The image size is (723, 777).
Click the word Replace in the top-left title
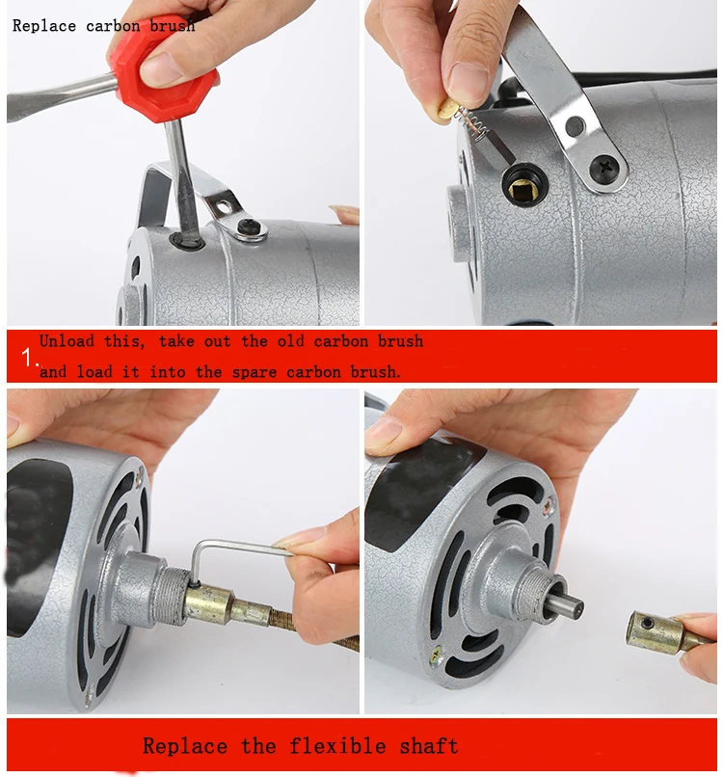[43, 26]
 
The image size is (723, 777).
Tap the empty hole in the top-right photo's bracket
[576, 126]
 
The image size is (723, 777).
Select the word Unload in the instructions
[67, 341]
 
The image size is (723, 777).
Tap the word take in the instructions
[177, 341]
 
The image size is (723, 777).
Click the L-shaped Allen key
[231, 552]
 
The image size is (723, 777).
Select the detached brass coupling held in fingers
[658, 630]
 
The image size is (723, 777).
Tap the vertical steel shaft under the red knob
[181, 174]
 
